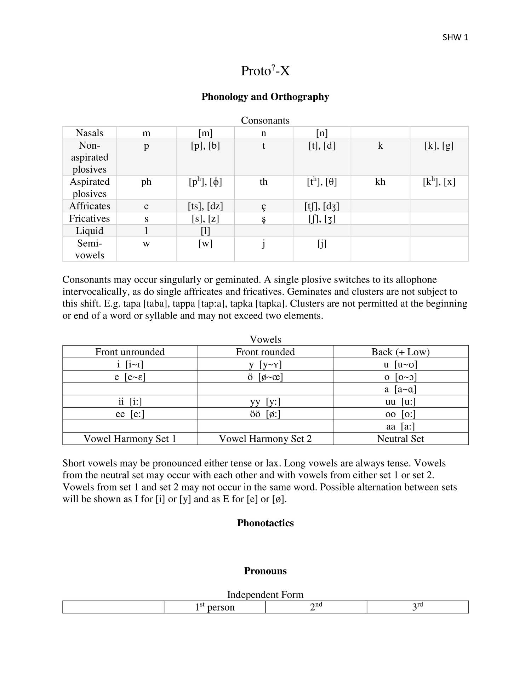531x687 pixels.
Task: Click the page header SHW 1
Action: click(x=455, y=38)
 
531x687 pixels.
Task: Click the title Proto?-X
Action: click(x=265, y=71)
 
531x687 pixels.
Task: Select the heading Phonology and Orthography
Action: click(x=265, y=97)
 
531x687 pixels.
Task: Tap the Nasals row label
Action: click(x=90, y=133)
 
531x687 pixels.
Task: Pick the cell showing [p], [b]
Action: click(x=205, y=145)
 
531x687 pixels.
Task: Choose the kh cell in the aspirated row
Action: click(x=380, y=182)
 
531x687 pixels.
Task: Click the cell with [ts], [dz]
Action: click(x=205, y=206)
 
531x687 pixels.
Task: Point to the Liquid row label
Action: click(x=90, y=231)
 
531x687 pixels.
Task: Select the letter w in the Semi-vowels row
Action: click(x=146, y=243)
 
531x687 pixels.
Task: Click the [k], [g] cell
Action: click(x=439, y=145)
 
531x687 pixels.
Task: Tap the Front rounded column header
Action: click(x=265, y=352)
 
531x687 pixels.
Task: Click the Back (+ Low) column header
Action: click(x=400, y=352)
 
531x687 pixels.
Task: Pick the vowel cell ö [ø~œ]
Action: click(x=265, y=377)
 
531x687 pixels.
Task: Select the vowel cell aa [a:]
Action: click(x=400, y=426)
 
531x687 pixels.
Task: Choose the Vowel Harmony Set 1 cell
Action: click(x=130, y=439)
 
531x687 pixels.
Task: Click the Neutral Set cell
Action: click(x=400, y=439)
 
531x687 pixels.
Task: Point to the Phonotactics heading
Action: click(x=265, y=523)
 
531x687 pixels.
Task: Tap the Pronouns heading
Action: click(x=265, y=571)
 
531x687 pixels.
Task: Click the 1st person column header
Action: click(x=215, y=607)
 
